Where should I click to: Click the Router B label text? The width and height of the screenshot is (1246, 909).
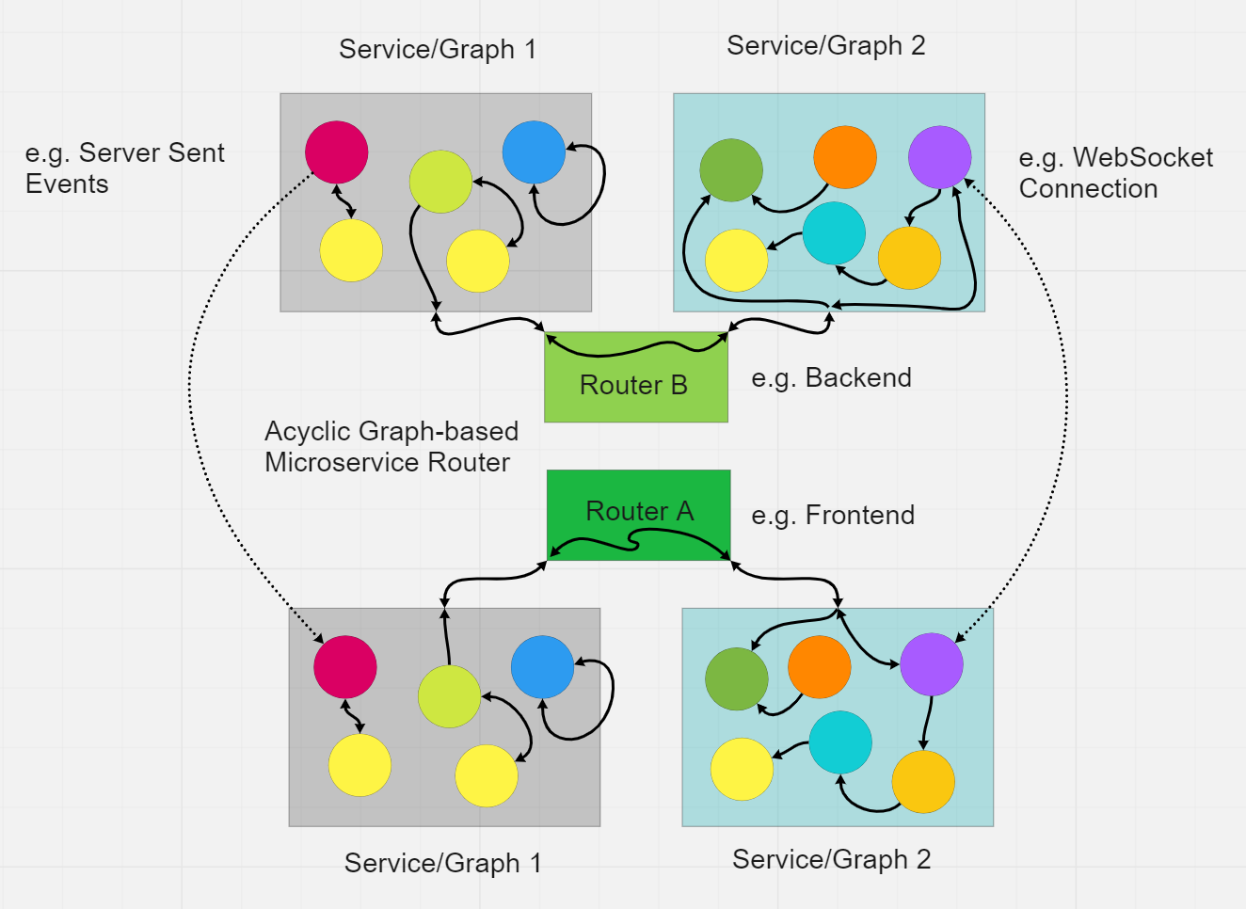633,385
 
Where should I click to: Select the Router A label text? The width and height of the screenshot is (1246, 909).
640,511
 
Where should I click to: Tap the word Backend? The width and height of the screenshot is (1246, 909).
858,377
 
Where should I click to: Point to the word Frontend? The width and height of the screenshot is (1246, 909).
860,515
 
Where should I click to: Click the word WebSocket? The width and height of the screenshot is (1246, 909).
1142,157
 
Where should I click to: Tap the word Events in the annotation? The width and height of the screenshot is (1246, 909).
67,184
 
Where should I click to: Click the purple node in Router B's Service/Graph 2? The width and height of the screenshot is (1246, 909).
939,157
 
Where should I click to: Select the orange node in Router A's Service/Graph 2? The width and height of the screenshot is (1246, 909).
820,667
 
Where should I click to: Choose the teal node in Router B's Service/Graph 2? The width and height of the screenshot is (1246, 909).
834,233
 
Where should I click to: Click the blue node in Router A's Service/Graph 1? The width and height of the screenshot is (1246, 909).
542,667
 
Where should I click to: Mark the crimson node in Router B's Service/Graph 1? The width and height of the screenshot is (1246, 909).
337,151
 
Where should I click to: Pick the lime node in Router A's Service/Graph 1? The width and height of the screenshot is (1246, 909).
449,696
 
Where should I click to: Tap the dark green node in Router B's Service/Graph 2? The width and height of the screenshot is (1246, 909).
731,169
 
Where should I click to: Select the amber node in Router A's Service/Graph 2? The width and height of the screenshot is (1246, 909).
923,782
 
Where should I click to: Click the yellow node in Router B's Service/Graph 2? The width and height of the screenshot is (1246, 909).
737,261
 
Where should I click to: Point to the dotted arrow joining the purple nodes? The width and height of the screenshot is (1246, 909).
1066,390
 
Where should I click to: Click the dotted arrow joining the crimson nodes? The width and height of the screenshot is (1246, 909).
190,390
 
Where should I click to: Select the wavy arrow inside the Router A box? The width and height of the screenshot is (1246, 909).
634,542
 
